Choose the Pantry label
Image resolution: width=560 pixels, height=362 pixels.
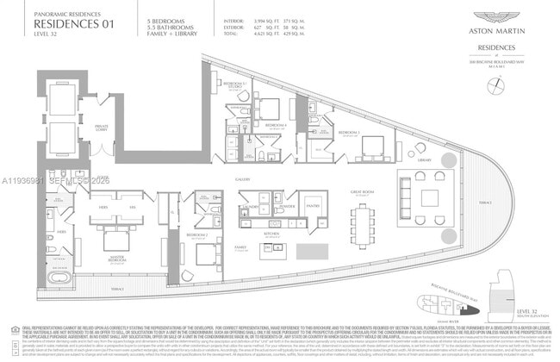(313, 207)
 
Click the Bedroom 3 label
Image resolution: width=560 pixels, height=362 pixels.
(349, 132)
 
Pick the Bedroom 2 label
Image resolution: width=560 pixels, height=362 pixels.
(197, 234)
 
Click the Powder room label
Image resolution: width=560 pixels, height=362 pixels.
(287, 207)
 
